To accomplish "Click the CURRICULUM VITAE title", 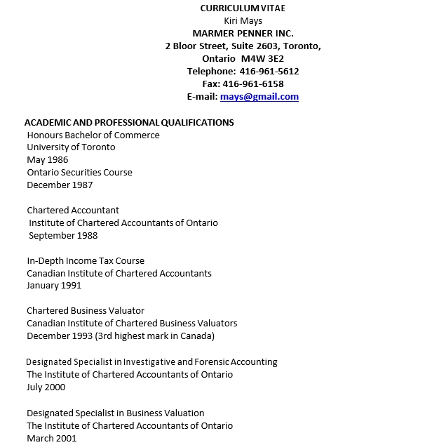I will (x=243, y=8).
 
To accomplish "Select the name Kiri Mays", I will (x=243, y=20).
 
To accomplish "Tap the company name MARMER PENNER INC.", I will (x=243, y=33).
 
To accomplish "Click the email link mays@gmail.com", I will (x=259, y=97).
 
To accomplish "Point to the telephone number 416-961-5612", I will (x=269, y=72).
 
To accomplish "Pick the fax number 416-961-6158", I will (x=253, y=84).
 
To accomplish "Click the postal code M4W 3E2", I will (x=262, y=59).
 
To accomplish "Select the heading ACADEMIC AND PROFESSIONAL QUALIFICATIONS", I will (x=129, y=122).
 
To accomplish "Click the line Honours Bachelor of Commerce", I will (x=93, y=135).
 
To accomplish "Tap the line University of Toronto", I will (x=71, y=147).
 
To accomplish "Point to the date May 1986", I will (x=48, y=160).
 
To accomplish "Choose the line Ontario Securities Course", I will (x=79, y=173).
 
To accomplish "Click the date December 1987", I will (x=60, y=185).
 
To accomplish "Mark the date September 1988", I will (x=62, y=236).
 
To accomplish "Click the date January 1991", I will (x=54, y=286).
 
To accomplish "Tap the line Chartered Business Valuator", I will (x=86, y=311).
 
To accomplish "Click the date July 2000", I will (x=46, y=387).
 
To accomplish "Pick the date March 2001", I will (x=51, y=438).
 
